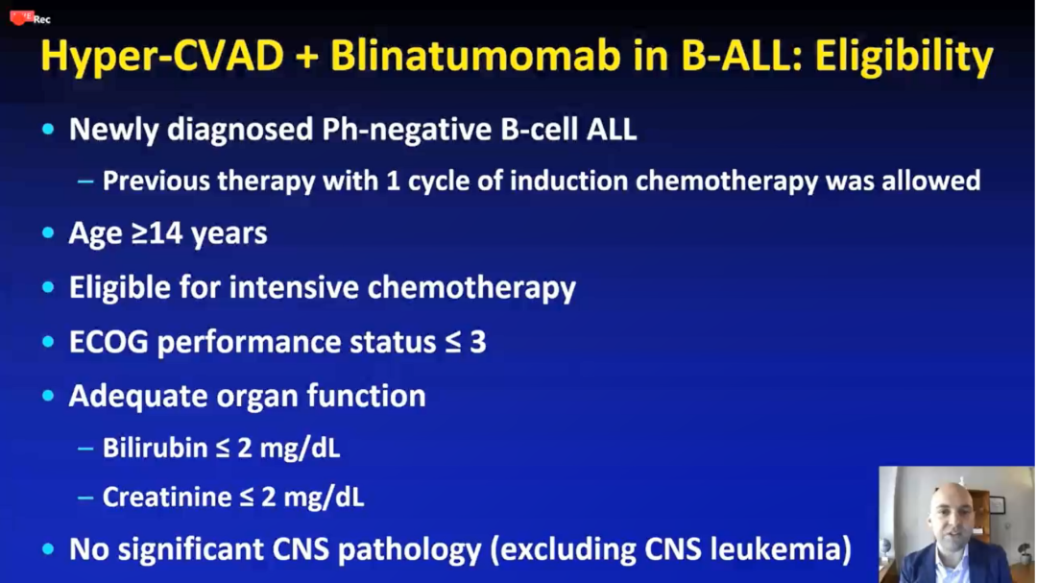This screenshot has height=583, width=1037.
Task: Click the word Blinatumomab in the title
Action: pos(475,56)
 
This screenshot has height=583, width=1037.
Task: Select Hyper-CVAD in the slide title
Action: pos(162,56)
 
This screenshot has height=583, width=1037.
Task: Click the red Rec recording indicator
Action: pos(30,18)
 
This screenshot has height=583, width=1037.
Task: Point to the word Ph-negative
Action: pos(407,130)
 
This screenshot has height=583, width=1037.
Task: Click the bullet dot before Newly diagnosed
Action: pos(48,129)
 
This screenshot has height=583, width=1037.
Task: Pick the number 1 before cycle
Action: pos(393,181)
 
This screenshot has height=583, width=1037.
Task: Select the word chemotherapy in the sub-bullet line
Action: pos(726,182)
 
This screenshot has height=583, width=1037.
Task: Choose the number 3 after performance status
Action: pos(478,343)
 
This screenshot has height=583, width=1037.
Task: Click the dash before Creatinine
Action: pos(85,498)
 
